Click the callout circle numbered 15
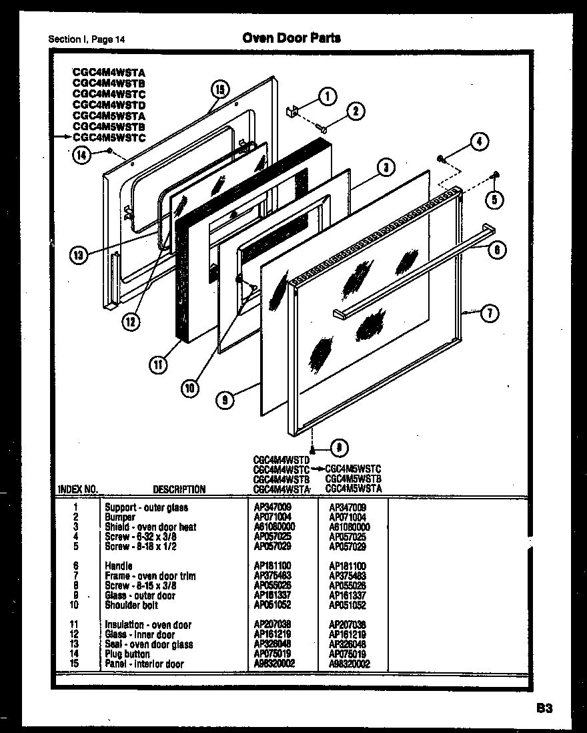tap(220, 90)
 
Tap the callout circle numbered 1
tap(326, 96)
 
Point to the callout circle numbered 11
tap(157, 364)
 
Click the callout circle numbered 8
tap(340, 448)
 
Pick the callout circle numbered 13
tap(79, 255)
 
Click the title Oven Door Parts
tap(291, 38)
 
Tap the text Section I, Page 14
tap(87, 39)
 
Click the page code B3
tap(543, 708)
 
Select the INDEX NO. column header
tap(78, 489)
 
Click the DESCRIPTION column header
tap(179, 489)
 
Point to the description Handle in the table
tap(118, 566)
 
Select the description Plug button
tap(127, 654)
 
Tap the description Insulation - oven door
tap(148, 625)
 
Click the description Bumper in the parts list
tap(120, 517)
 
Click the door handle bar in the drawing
tap(414, 272)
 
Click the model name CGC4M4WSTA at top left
tap(109, 72)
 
